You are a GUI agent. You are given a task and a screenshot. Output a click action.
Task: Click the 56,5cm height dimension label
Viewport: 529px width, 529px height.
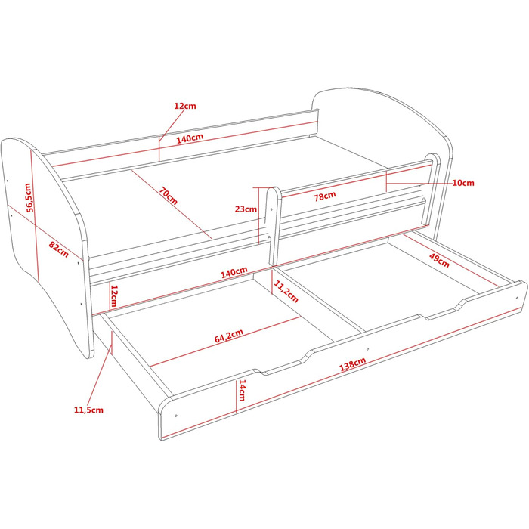coord(29,197)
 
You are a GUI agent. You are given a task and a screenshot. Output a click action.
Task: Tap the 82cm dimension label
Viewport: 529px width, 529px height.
coord(59,249)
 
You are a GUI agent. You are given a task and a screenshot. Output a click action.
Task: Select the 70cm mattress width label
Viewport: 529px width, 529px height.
coord(169,196)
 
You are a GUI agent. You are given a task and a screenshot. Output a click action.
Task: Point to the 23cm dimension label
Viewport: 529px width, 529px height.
coord(246,209)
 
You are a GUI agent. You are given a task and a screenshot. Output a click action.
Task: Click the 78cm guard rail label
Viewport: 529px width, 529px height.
coord(325,196)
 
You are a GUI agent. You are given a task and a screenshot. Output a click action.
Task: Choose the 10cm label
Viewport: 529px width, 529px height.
coord(463,183)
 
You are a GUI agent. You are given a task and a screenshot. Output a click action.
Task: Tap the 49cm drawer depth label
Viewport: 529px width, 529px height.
coord(439,261)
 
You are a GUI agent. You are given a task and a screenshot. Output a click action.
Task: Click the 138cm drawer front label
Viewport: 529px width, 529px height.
coord(353,364)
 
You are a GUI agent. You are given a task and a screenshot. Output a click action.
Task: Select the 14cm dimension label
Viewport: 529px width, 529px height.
coord(243,391)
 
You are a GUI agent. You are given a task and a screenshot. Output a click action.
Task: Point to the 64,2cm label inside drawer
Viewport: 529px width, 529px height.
coord(229,336)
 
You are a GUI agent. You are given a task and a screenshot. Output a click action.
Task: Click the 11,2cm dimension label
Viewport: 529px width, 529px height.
coord(286,292)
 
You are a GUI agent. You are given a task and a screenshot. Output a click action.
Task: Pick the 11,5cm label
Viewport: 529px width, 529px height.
coord(88,410)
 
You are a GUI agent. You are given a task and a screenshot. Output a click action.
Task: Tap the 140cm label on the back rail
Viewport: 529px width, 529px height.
coord(190,138)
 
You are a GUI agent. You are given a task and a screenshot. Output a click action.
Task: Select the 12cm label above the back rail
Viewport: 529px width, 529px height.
coord(185,106)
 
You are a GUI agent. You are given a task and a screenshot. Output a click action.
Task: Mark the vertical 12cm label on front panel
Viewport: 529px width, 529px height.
coord(114,296)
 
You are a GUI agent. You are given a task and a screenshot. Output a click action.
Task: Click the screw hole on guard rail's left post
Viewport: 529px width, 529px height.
coord(271,209)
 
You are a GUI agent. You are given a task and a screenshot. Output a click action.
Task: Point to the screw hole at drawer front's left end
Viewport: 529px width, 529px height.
coord(176,416)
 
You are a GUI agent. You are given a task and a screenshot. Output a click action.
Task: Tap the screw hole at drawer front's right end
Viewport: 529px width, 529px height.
coord(516,298)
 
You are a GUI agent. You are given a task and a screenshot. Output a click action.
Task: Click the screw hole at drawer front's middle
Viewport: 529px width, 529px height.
coord(368,349)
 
